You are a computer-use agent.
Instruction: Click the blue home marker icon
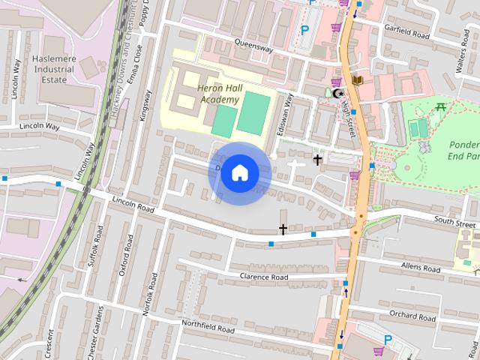[x=239, y=173]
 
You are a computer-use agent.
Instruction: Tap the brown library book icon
[x=357, y=79]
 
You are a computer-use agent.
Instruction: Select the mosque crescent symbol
[x=337, y=93]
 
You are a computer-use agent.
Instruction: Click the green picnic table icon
[x=441, y=106]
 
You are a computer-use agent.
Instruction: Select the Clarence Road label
[x=264, y=277]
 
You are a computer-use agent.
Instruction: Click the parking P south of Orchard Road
[x=387, y=340]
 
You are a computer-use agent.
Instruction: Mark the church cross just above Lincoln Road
[x=283, y=229]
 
